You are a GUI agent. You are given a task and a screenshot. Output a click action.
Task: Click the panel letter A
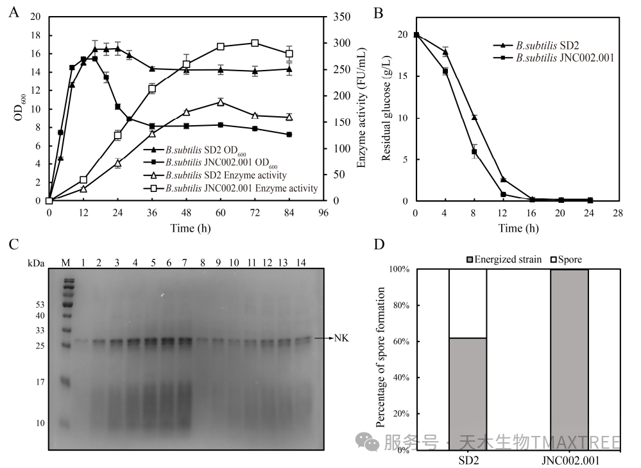(x=13, y=13)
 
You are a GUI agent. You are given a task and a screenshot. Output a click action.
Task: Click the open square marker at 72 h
(x=255, y=43)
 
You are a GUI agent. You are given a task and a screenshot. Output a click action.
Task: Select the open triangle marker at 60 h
(x=220, y=102)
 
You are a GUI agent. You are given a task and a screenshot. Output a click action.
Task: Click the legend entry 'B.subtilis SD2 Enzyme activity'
(x=225, y=175)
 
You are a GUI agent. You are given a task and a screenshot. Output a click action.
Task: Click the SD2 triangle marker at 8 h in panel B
(x=474, y=117)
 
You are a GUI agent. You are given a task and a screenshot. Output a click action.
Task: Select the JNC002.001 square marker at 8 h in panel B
(x=474, y=152)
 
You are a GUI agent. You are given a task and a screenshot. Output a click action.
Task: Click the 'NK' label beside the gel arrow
(x=341, y=338)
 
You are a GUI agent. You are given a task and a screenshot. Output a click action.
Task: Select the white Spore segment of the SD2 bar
(x=467, y=303)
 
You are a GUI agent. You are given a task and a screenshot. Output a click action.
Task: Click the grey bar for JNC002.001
(x=569, y=360)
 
